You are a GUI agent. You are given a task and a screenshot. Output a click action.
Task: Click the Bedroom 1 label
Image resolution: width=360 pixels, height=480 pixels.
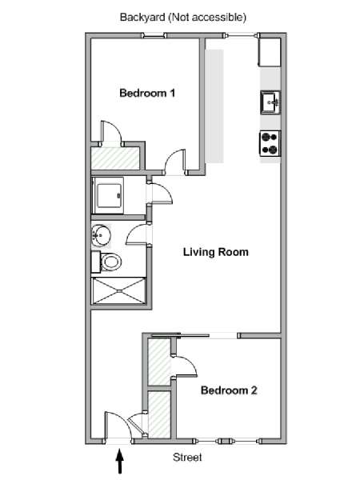pyautogui.click(x=147, y=93)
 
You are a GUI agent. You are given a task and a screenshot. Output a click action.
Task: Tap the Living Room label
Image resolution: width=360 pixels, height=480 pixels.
pyautogui.click(x=216, y=252)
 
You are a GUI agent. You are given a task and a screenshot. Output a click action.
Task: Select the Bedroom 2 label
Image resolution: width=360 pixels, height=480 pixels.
pyautogui.click(x=229, y=390)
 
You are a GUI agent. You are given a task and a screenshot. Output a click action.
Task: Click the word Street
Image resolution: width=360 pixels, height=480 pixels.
pyautogui.click(x=187, y=458)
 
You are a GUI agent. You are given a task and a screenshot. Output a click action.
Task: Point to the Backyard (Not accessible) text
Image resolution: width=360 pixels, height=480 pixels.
pyautogui.click(x=183, y=17)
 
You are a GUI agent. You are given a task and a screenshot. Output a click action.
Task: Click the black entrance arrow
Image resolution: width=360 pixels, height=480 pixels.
pyautogui.click(x=120, y=461)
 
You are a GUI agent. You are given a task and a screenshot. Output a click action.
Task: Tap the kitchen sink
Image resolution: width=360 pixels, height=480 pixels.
pyautogui.click(x=270, y=102)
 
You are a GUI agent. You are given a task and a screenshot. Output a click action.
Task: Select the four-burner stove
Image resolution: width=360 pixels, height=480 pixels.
pyautogui.click(x=270, y=144)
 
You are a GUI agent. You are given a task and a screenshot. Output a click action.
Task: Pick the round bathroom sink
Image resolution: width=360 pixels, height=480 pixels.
pyautogui.click(x=101, y=235)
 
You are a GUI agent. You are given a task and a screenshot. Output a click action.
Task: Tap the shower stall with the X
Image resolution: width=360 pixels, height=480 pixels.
pyautogui.click(x=119, y=291)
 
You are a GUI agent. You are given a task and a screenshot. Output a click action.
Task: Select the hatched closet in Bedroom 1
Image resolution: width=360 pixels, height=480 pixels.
pyautogui.click(x=115, y=158)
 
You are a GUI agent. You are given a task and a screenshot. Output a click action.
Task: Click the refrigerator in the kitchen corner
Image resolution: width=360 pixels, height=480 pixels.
pyautogui.click(x=270, y=52)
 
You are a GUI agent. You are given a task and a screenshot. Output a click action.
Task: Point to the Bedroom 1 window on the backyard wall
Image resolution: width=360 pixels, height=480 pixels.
pyautogui.click(x=154, y=36)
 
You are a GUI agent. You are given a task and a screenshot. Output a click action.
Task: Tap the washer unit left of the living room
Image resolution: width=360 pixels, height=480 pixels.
pyautogui.click(x=108, y=195)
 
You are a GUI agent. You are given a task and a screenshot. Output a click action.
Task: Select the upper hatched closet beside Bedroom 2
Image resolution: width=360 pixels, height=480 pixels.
pyautogui.click(x=159, y=362)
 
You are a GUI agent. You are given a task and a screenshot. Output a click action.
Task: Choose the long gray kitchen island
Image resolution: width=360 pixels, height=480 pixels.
pyautogui.click(x=214, y=106)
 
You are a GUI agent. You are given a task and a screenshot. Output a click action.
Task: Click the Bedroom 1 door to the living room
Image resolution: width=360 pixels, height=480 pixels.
pyautogui.click(x=175, y=162)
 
